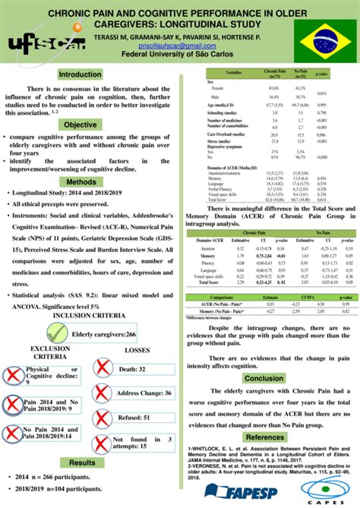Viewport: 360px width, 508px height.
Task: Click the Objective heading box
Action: click(x=81, y=125)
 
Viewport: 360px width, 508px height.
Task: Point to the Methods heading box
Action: click(x=81, y=182)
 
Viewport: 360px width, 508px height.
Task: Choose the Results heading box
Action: click(x=82, y=462)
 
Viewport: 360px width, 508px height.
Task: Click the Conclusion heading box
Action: click(x=264, y=378)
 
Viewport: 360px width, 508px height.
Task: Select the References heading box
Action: click(x=264, y=437)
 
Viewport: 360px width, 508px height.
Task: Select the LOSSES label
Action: click(x=137, y=351)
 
